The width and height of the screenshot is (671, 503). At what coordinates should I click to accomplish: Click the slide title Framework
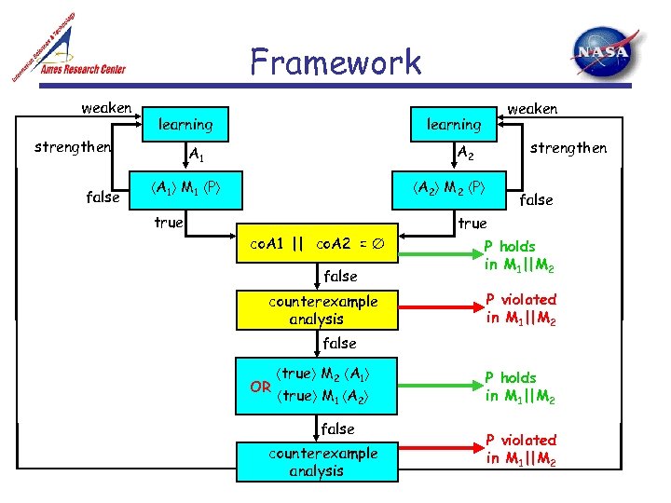[335, 62]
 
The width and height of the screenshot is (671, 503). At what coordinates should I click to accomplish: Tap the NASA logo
[606, 55]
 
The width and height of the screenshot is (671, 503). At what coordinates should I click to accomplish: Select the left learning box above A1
[185, 124]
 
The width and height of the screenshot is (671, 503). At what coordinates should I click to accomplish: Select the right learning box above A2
[454, 124]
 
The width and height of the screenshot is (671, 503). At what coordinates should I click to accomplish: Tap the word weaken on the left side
[106, 108]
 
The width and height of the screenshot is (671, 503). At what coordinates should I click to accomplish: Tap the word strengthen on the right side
[568, 148]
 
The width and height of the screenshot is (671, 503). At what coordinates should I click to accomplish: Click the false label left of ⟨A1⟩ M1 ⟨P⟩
[103, 197]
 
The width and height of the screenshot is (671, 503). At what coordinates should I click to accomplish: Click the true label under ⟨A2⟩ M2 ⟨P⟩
[472, 224]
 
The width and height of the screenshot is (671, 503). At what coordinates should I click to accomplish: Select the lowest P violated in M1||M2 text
[521, 449]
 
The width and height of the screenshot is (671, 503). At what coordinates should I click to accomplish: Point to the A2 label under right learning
[463, 153]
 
